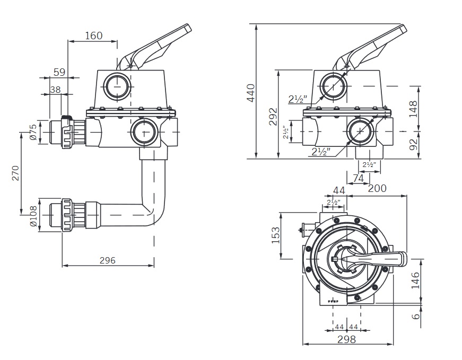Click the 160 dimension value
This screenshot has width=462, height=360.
pos(93,36)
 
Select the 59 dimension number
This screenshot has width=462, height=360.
pos(60,72)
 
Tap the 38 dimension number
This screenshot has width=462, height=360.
pos(55,90)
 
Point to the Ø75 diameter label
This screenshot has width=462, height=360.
pos(33,131)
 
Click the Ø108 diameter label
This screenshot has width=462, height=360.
pos(33,216)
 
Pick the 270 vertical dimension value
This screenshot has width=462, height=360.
pos(15,174)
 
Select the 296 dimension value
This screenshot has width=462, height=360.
pos(107,260)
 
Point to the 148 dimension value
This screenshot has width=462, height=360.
pos(414,108)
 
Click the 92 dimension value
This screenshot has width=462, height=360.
pos(414,144)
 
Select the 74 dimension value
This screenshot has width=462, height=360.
pos(359,179)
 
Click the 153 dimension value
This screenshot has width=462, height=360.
pos(276,235)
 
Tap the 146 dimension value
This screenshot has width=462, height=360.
pos(416,279)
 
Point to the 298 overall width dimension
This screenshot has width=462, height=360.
pos(347,339)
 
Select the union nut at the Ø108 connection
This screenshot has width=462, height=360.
pos(67,214)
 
